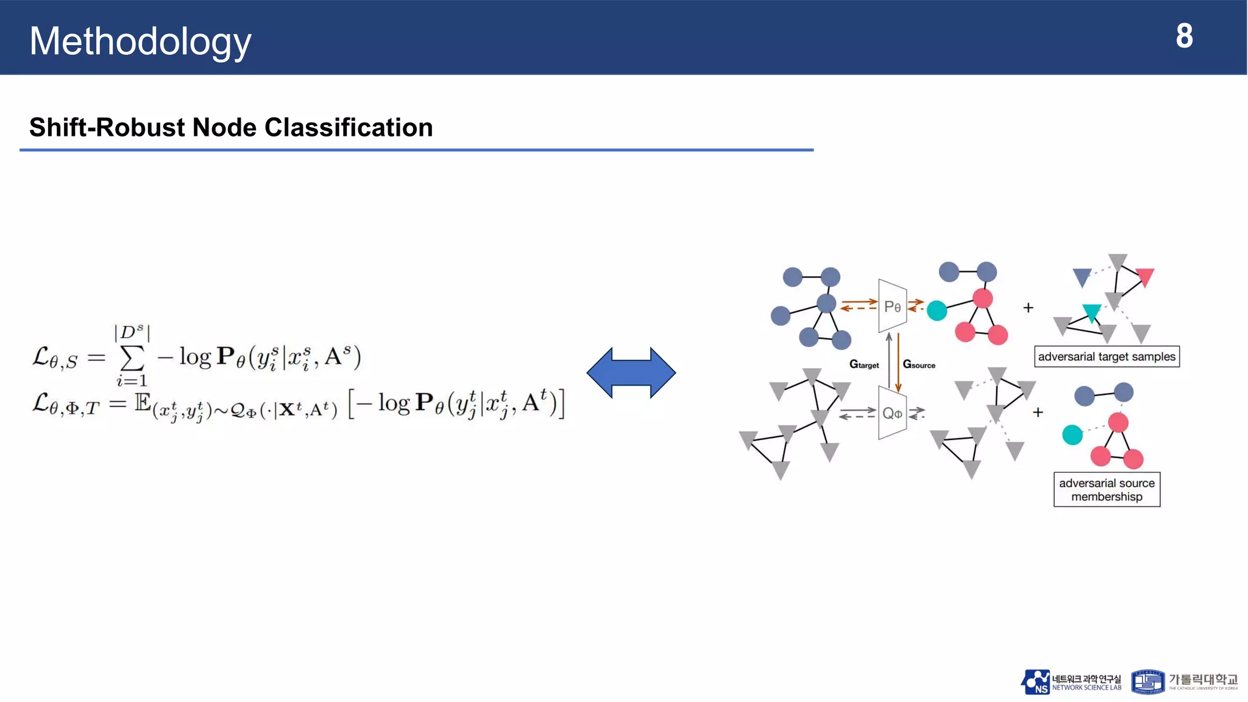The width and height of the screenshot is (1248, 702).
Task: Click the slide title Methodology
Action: pyautogui.click(x=140, y=41)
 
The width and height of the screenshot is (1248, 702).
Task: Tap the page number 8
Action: pyautogui.click(x=1184, y=37)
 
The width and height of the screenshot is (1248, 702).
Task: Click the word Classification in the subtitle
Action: pyautogui.click(x=349, y=127)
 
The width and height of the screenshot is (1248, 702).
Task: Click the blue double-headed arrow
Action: pyautogui.click(x=631, y=372)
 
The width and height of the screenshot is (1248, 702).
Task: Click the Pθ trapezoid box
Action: pyautogui.click(x=892, y=306)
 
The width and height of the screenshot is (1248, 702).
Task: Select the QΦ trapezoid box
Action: pyautogui.click(x=892, y=413)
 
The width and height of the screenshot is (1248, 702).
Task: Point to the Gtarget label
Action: pyautogui.click(x=864, y=364)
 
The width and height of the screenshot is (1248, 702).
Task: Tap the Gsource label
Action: pyautogui.click(x=919, y=364)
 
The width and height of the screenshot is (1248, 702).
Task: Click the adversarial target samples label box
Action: pyautogui.click(x=1107, y=356)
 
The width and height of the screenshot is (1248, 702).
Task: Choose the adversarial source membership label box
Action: pyautogui.click(x=1107, y=489)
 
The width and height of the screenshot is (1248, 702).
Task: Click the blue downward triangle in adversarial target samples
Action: pyautogui.click(x=1082, y=277)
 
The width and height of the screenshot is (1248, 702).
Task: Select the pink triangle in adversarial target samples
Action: pyautogui.click(x=1145, y=277)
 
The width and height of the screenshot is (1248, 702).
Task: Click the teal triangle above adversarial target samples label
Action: pyautogui.click(x=1091, y=312)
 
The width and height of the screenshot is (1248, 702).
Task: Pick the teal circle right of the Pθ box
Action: pyautogui.click(x=937, y=310)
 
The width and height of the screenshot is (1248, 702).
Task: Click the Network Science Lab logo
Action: pyautogui.click(x=1071, y=682)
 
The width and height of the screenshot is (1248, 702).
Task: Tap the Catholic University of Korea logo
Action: pyautogui.click(x=1184, y=682)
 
